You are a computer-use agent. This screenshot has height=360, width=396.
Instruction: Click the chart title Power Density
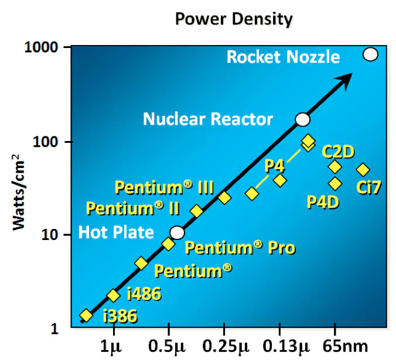coord(233,19)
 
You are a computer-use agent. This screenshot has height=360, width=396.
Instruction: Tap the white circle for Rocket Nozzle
coord(370,54)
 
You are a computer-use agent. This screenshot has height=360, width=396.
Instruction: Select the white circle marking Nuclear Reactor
coord(302,119)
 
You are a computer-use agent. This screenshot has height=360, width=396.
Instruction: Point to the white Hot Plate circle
coord(177,233)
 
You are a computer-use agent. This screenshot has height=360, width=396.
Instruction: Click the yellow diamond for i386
coord(86,316)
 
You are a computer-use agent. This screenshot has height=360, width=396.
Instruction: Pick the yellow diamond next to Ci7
coord(363,170)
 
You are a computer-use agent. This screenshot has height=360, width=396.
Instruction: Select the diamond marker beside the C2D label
coord(335,167)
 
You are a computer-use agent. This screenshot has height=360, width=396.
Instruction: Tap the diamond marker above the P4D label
coord(335,184)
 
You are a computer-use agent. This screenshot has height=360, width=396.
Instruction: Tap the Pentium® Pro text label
coord(240,248)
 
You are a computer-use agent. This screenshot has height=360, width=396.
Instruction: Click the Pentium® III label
coord(164,187)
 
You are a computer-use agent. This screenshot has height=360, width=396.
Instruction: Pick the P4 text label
coord(275,166)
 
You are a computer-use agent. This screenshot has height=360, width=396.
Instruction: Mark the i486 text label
coord(143,294)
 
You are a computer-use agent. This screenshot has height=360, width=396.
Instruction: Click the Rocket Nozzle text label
coord(283,57)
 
